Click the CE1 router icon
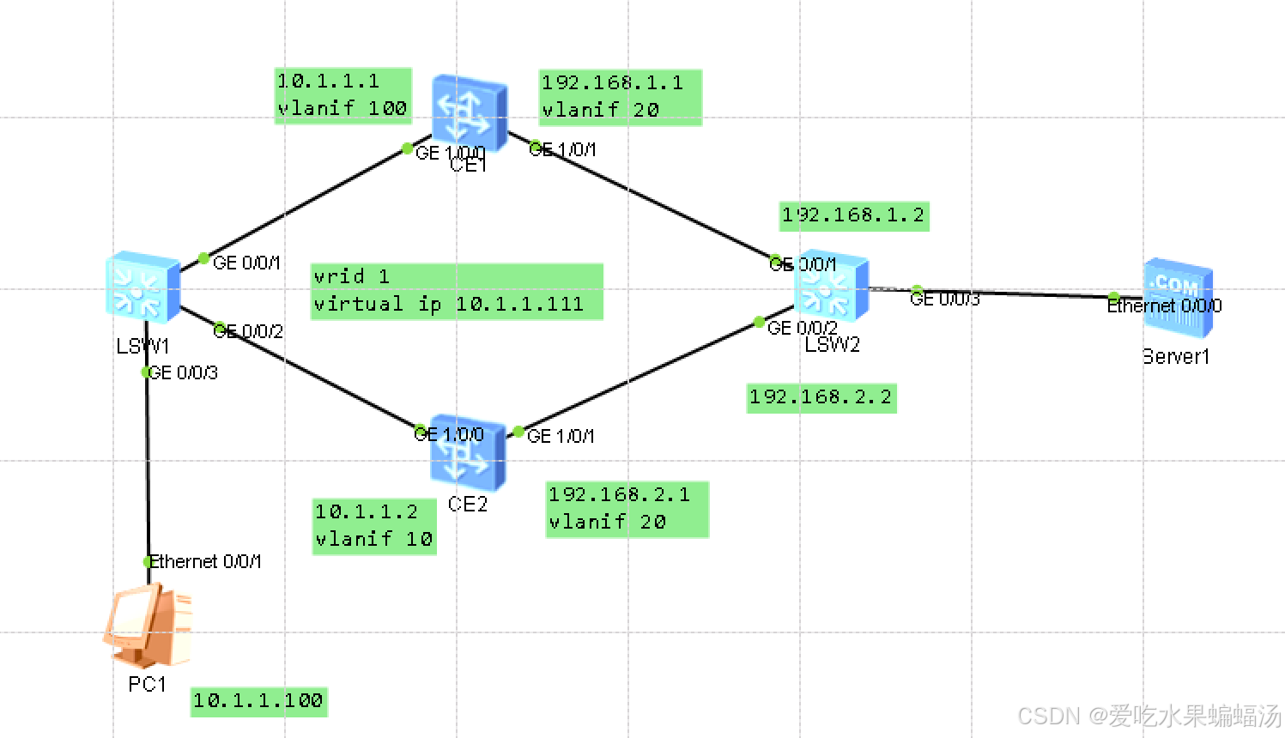point(468,109)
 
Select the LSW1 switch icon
point(142,286)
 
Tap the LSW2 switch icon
point(830,286)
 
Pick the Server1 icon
point(1178,296)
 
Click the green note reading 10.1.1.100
point(258,701)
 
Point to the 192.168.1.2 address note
point(853,215)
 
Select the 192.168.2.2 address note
point(821,397)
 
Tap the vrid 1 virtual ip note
point(456,291)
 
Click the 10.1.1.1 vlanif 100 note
point(342,95)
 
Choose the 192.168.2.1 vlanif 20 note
point(627,509)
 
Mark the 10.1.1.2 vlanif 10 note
point(373,526)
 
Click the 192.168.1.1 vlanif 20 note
point(620,97)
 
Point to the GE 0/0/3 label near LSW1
point(184,372)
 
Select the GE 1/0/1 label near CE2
point(561,436)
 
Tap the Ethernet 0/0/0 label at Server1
point(1164,305)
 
